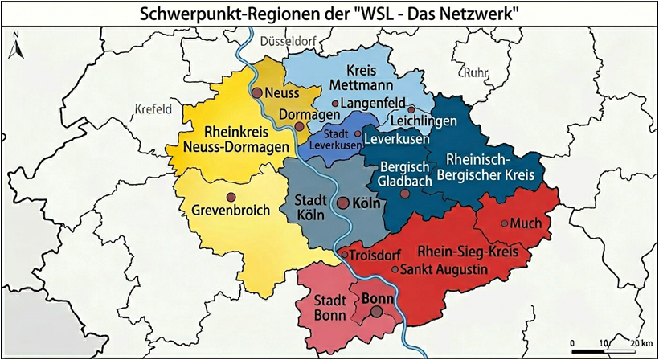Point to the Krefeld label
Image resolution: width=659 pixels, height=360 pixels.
click(x=153, y=109)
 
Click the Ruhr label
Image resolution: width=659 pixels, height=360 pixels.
click(x=475, y=73)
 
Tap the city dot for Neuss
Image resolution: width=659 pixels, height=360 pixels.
click(x=257, y=93)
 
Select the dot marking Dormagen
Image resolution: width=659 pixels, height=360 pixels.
click(x=299, y=126)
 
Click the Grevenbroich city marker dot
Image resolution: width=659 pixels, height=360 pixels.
click(x=231, y=197)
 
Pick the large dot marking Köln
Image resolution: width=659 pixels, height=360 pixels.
click(x=342, y=203)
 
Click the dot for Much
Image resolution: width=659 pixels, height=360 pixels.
click(x=505, y=223)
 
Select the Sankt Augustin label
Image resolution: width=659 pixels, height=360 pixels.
click(x=444, y=268)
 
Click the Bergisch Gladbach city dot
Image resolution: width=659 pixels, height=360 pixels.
click(x=404, y=194)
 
